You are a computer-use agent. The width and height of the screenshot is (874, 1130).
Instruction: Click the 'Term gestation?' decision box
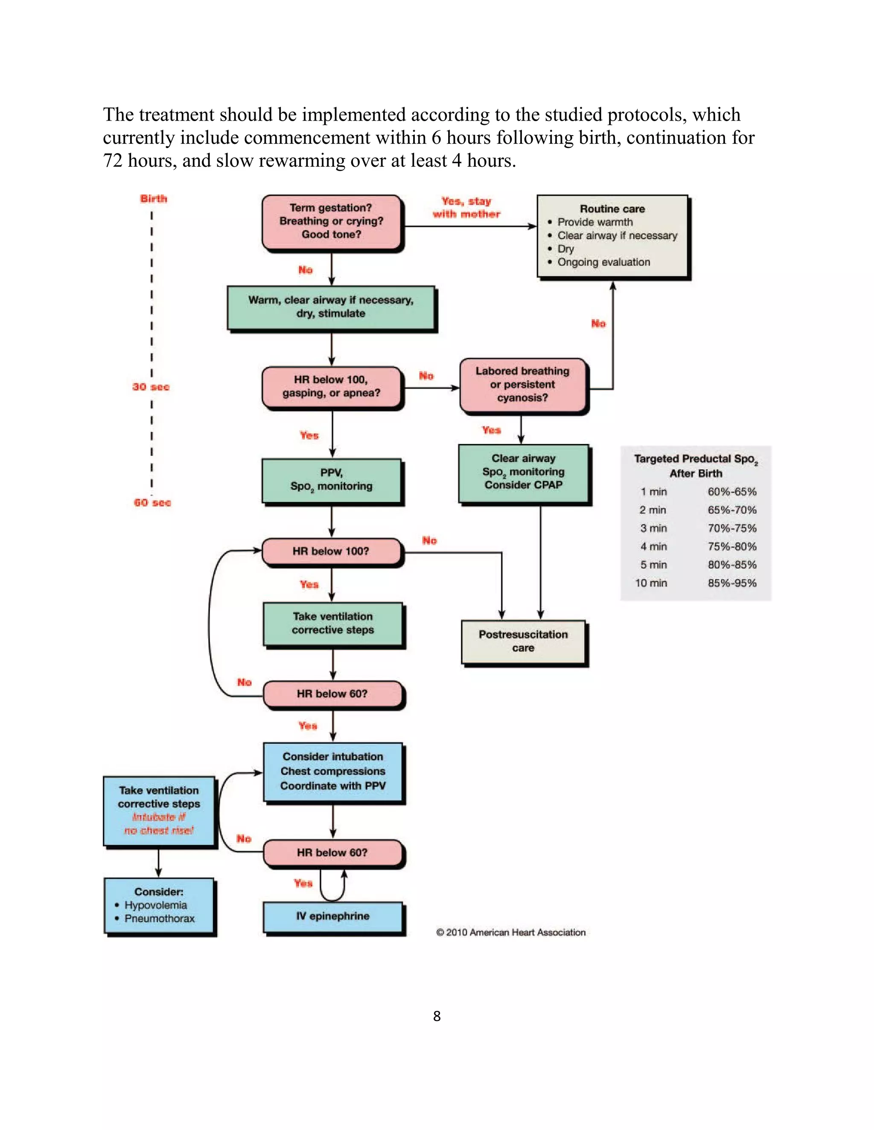[331, 221]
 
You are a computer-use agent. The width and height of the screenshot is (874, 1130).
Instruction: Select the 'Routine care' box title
[612, 209]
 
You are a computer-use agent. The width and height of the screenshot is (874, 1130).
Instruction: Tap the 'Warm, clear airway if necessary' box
[331, 307]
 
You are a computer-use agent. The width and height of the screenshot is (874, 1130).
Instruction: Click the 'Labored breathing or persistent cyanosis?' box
[523, 385]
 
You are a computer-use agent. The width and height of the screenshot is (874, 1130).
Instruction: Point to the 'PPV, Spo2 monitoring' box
[331, 480]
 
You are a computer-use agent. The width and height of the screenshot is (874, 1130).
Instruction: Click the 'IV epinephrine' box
[333, 916]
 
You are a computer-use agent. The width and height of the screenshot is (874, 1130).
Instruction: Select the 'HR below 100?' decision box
[331, 551]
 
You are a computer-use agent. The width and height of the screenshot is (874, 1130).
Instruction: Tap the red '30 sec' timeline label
[151, 387]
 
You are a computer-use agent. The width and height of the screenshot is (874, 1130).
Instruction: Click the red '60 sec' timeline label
[152, 502]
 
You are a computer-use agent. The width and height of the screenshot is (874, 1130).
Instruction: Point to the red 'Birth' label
[154, 199]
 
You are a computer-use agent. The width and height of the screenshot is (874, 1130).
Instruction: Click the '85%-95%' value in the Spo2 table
[731, 583]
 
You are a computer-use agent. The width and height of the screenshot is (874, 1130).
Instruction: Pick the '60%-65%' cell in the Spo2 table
[731, 492]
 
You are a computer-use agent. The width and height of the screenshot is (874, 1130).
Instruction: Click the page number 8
[437, 1016]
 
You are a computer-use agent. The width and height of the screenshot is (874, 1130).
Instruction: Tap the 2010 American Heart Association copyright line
[510, 932]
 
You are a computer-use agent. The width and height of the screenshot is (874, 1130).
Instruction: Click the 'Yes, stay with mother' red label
[466, 208]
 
